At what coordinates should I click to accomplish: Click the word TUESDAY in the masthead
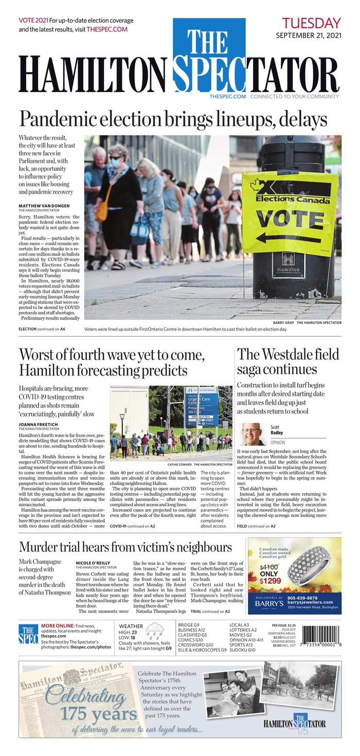[311, 23]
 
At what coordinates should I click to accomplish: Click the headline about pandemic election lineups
[173, 119]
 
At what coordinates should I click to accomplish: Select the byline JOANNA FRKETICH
[39, 424]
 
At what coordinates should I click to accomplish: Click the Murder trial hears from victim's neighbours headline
[125, 547]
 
